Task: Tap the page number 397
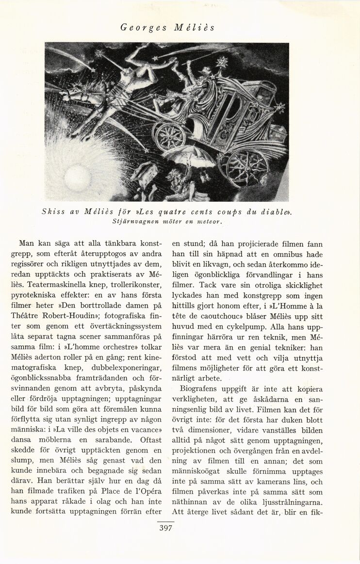[x=166, y=529]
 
